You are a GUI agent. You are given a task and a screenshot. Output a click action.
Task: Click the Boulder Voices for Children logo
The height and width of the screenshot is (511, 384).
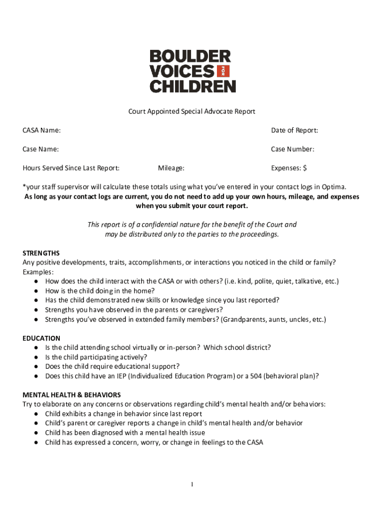tap(192, 71)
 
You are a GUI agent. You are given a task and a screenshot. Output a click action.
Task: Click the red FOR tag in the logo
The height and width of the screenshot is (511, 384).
tap(222, 71)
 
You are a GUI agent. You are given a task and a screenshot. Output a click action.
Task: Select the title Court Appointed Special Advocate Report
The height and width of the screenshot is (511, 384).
tap(192, 112)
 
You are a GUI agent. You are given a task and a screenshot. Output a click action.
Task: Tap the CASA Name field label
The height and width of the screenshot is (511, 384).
tap(41, 131)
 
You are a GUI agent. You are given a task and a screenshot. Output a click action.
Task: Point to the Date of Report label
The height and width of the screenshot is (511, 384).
tap(294, 131)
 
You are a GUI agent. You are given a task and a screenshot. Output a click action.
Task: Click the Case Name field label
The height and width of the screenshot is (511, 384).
tap(40, 149)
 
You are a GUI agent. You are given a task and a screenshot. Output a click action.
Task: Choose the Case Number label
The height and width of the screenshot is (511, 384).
tap(293, 149)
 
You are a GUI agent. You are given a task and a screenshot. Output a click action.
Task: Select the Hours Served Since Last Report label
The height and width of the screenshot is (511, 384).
tap(71, 168)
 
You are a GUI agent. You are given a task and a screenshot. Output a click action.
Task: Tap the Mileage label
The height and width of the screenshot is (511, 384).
tap(171, 168)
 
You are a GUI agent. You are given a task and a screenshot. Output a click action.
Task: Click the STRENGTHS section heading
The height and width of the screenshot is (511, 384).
tap(41, 253)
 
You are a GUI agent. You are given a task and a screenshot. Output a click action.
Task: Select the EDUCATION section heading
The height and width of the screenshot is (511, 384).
tap(41, 338)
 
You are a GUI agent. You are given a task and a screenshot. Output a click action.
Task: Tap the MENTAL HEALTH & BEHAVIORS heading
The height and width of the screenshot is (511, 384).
tap(71, 395)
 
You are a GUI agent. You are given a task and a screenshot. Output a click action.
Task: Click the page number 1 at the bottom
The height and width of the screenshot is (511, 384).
tap(192, 485)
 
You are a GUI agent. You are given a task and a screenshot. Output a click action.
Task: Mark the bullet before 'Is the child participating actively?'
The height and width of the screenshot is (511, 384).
tap(37, 357)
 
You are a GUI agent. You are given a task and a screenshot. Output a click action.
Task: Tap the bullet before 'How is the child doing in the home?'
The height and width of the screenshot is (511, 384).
tap(37, 291)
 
